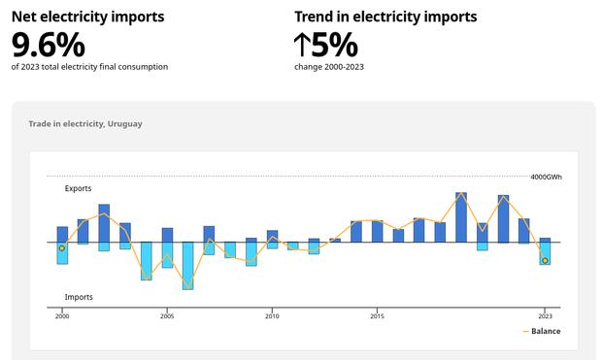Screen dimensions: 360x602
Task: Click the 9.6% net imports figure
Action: tap(49, 45)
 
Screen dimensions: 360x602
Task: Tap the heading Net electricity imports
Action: tap(87, 16)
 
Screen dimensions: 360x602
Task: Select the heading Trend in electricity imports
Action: tap(385, 16)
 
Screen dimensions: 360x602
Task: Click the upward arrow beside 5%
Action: tap(303, 45)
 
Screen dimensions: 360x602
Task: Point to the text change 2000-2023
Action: tap(329, 67)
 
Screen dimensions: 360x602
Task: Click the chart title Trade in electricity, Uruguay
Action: tap(85, 124)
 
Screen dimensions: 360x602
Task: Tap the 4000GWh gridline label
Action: tap(546, 177)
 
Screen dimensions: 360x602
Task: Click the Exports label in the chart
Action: tap(79, 188)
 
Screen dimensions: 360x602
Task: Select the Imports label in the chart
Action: tap(79, 296)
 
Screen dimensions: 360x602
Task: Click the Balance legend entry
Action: tap(542, 331)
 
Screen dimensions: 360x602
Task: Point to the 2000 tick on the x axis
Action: tap(62, 315)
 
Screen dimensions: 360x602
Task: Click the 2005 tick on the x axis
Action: tap(167, 315)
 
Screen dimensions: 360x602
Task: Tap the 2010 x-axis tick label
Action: tap(272, 315)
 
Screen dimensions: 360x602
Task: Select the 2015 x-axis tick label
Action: tap(377, 315)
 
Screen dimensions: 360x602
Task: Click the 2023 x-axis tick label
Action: tap(545, 315)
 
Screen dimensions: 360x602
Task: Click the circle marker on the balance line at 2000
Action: tap(62, 248)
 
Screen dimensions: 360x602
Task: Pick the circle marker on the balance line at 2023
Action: tap(545, 260)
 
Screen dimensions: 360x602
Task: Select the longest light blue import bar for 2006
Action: tap(188, 265)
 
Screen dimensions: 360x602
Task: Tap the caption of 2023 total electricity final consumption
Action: tap(89, 67)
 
